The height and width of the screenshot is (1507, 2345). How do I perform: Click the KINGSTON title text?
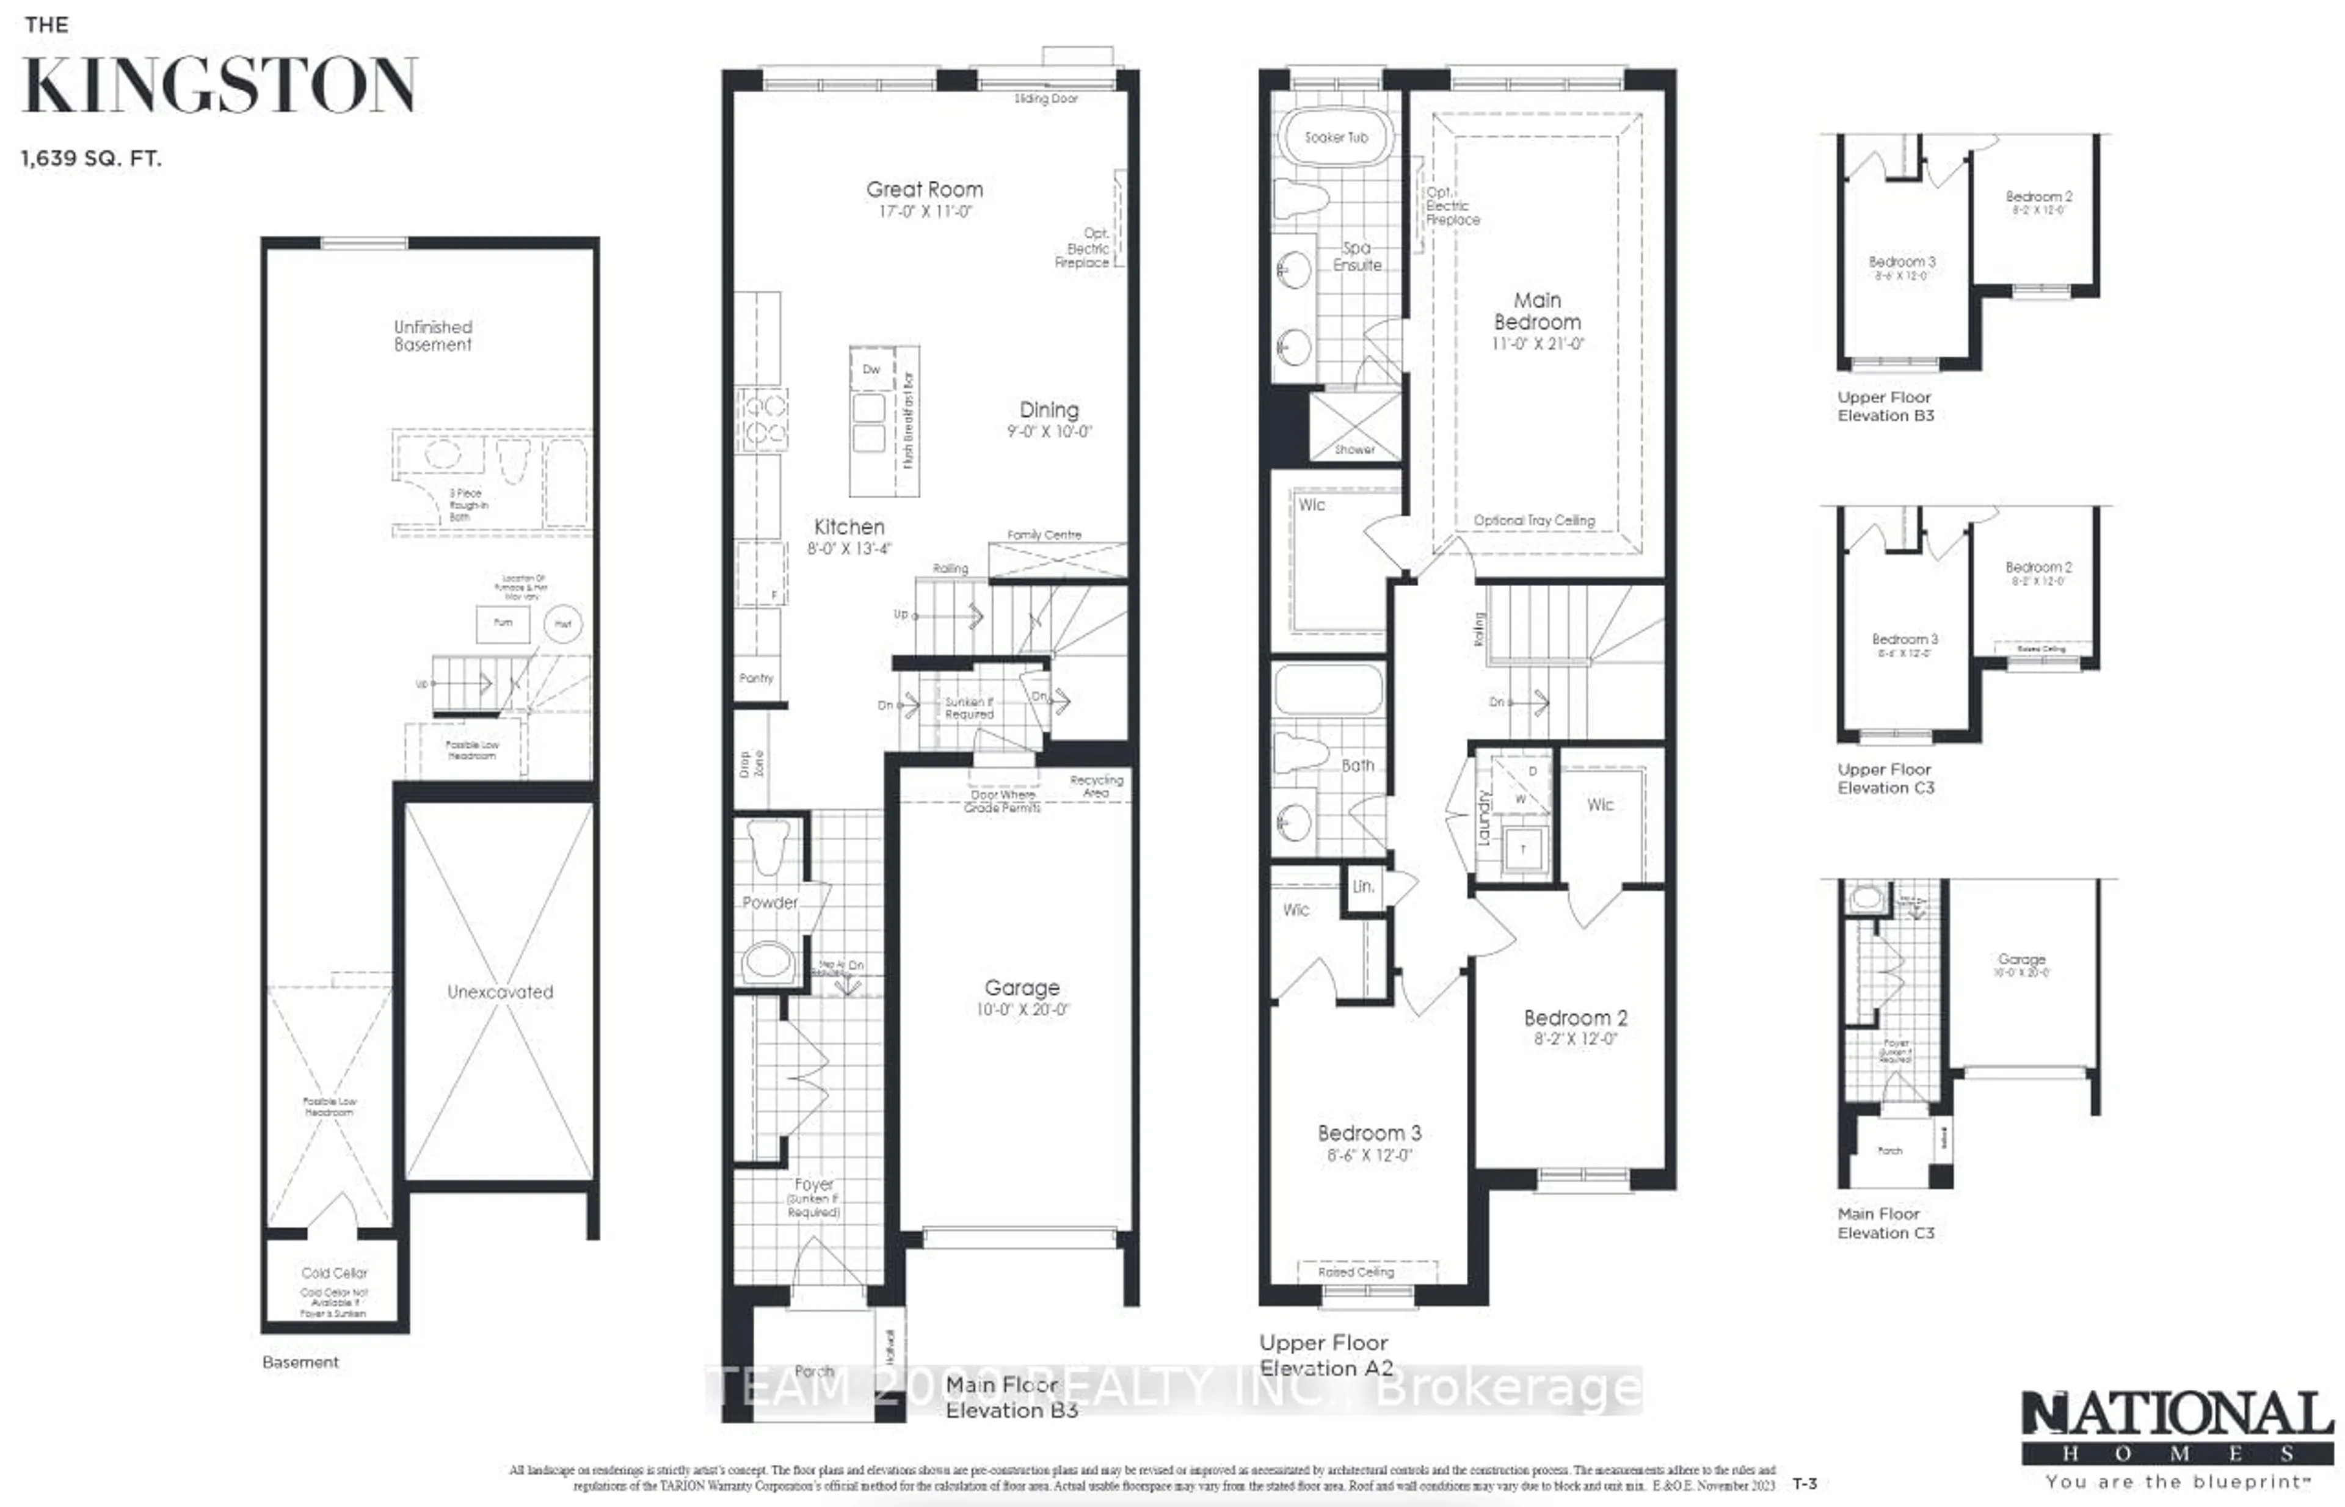click(x=220, y=86)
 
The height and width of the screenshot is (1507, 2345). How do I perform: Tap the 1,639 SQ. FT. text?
click(x=91, y=159)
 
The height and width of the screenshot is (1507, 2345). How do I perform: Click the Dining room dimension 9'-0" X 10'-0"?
click(x=1049, y=432)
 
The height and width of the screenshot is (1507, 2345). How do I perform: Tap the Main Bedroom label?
click(x=1536, y=311)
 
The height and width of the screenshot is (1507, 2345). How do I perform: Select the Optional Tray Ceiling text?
click(x=1533, y=521)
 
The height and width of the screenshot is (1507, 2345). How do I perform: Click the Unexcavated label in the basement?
click(x=500, y=991)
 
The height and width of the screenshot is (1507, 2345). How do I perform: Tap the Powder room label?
click(x=769, y=902)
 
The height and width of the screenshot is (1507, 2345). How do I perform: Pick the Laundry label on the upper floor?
click(x=1484, y=818)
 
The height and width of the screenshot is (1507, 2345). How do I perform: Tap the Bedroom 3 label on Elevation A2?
click(x=1369, y=1133)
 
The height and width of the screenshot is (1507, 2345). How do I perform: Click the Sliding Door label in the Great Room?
click(x=1045, y=99)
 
